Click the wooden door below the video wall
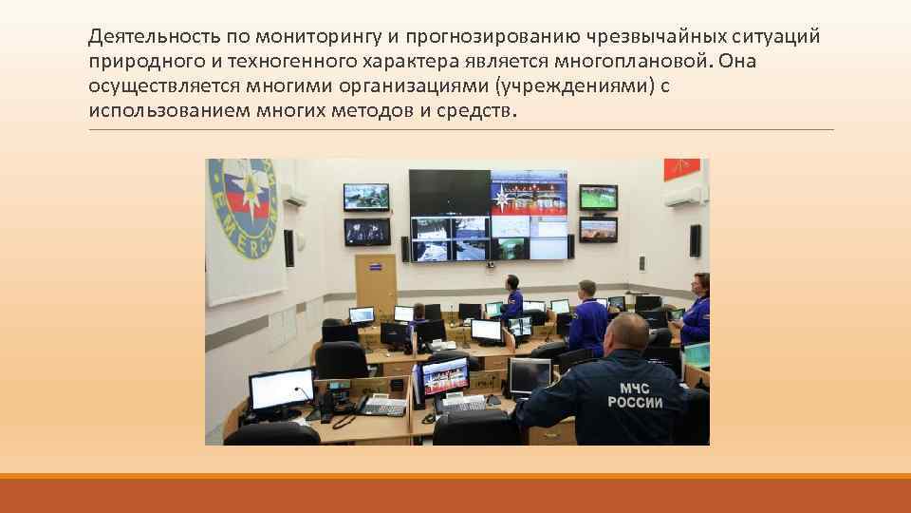[x=375, y=285]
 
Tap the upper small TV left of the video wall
[x=366, y=197]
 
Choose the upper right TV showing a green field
[x=599, y=197]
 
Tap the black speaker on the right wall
[x=696, y=240]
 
